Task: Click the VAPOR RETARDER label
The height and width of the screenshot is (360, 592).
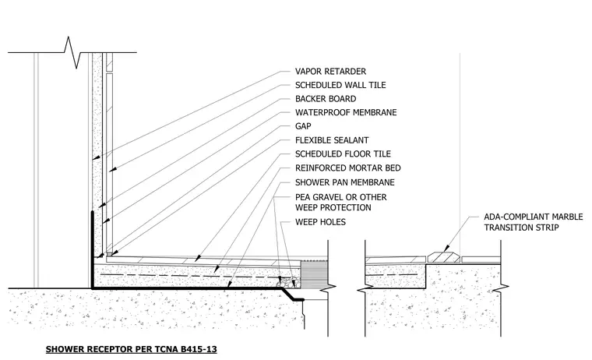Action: point(330,72)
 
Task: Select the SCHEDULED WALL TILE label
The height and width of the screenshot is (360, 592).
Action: point(340,85)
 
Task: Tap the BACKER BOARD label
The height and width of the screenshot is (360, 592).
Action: point(326,99)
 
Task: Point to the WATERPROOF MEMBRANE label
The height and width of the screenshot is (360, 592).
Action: point(346,112)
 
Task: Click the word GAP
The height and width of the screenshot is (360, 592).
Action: point(303,126)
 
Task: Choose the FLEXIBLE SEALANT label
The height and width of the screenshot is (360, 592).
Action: point(332,140)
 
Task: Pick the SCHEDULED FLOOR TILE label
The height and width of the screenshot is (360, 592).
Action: point(343,154)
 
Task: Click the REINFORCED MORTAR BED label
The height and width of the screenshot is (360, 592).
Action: point(347,168)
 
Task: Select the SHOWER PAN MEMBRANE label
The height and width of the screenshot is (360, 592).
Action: point(345,182)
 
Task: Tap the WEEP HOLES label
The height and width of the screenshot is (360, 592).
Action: point(320,222)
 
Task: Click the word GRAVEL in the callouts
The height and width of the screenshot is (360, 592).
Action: point(329,197)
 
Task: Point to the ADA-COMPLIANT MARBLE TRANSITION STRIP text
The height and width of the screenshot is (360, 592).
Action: point(534,222)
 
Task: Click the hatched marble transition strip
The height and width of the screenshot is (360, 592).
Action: point(444,257)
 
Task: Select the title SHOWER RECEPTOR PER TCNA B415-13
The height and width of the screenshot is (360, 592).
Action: point(132,349)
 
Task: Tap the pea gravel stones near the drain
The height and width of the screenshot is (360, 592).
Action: point(289,281)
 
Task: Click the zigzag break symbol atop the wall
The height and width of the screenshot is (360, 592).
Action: point(73,52)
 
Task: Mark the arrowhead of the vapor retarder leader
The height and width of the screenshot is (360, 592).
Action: point(97,157)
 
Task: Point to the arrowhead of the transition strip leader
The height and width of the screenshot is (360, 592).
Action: point(446,249)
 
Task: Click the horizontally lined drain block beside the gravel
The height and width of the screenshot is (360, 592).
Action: point(314,274)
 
